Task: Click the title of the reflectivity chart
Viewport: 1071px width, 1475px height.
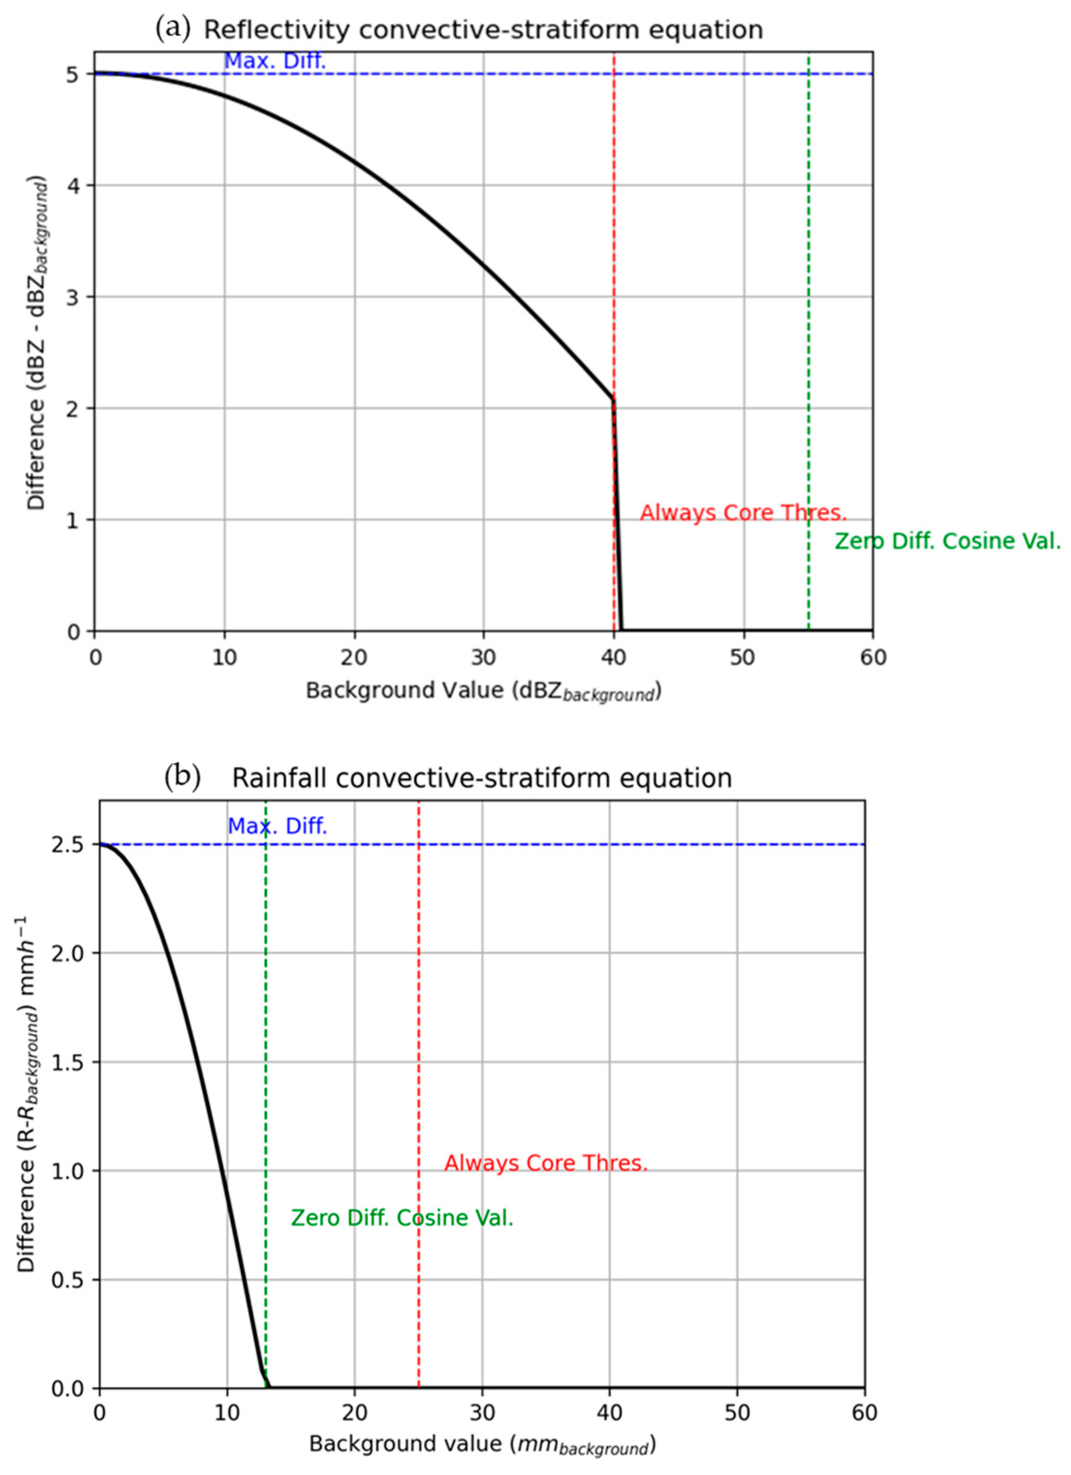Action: tap(483, 30)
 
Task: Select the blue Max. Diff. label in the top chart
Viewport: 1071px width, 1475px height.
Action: tap(274, 61)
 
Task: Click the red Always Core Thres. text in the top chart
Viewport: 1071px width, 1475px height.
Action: tap(743, 513)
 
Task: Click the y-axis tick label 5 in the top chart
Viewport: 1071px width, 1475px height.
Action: tap(73, 75)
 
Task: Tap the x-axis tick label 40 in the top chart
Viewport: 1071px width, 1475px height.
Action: tap(613, 658)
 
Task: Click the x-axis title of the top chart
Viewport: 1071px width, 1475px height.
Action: tap(483, 691)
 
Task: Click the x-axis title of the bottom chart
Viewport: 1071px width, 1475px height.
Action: tap(482, 1445)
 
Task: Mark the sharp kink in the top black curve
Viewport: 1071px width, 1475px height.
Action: tap(613, 399)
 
